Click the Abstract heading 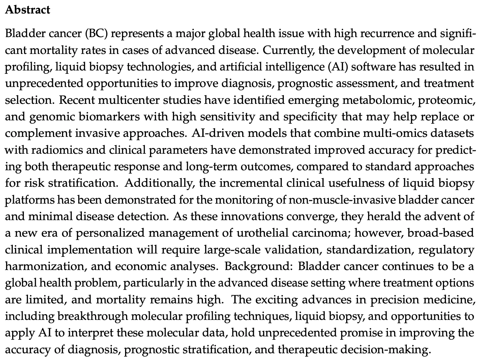click(x=28, y=10)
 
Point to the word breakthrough click(x=93, y=316)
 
